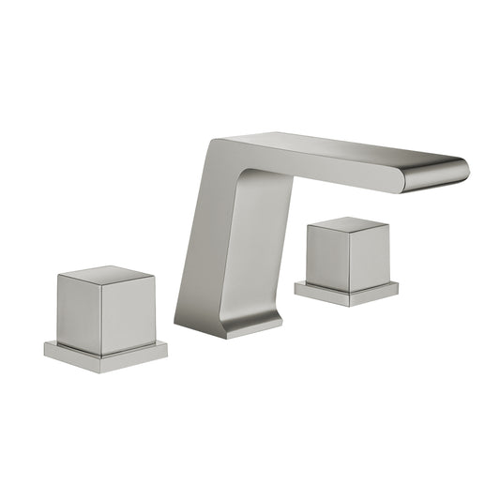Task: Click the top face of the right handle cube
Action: [348, 224]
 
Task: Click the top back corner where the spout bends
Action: [213, 143]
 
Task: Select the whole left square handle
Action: [105, 314]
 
